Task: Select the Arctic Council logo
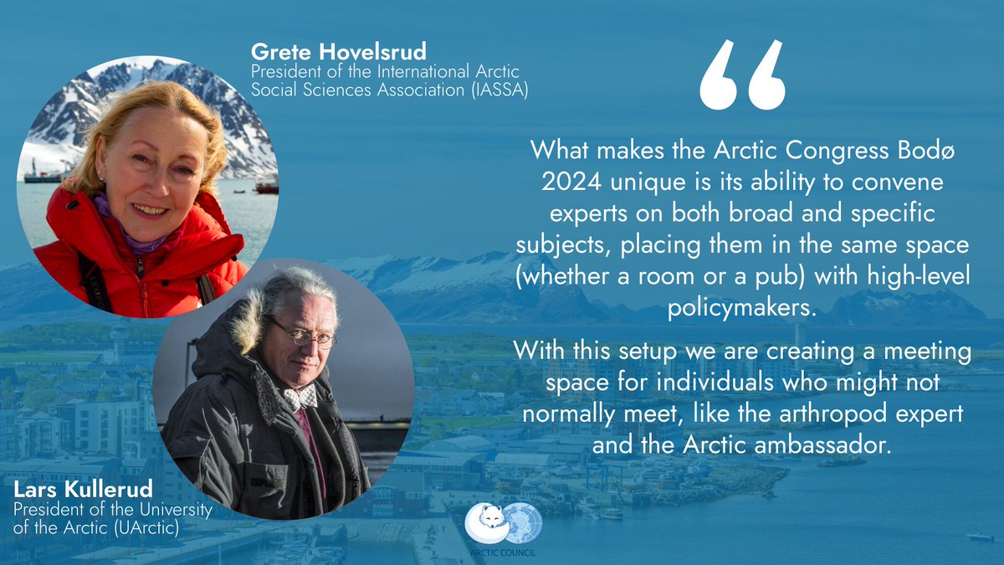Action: [x=504, y=522]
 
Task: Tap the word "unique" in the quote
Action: [x=657, y=182]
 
